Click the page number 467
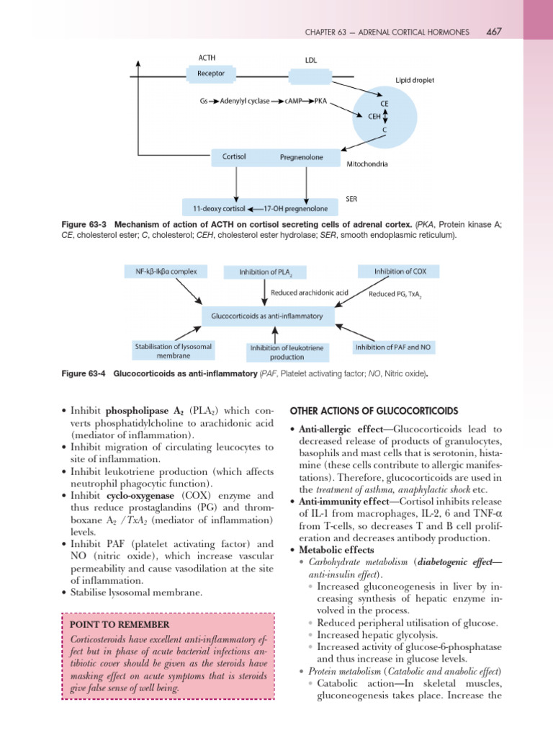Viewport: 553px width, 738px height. click(x=494, y=32)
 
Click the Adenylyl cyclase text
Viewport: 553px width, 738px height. click(x=250, y=102)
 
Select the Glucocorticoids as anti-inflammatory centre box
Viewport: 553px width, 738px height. click(x=267, y=316)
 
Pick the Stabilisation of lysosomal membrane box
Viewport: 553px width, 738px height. click(x=173, y=351)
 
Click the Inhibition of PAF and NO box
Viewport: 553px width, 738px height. click(x=395, y=347)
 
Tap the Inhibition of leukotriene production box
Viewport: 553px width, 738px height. click(x=287, y=352)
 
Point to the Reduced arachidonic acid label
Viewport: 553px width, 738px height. click(x=309, y=293)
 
